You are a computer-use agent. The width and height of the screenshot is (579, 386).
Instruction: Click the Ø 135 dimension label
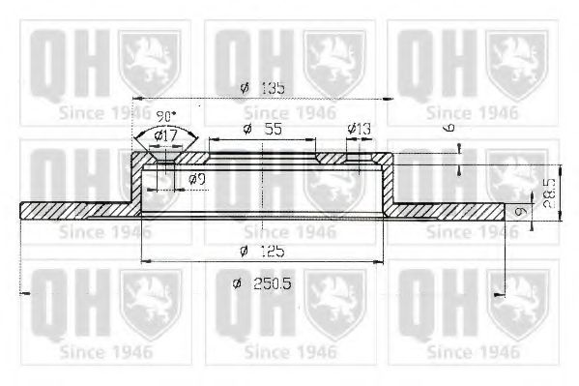[262, 88]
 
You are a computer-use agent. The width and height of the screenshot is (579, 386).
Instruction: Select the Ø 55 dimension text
[263, 129]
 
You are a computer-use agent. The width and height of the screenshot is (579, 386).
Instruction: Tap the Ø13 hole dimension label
[359, 129]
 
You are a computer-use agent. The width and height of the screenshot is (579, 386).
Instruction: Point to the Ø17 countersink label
[166, 136]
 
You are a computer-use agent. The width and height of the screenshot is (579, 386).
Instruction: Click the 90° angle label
[166, 117]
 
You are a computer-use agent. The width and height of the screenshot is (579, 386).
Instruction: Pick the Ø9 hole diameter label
[196, 180]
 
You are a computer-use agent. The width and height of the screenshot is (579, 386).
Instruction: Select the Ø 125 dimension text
[262, 252]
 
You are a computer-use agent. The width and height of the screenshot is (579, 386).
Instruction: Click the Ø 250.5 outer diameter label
[262, 283]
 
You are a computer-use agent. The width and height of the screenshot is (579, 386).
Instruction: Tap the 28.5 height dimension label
[549, 193]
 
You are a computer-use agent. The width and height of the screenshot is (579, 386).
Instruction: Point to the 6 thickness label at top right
[449, 128]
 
